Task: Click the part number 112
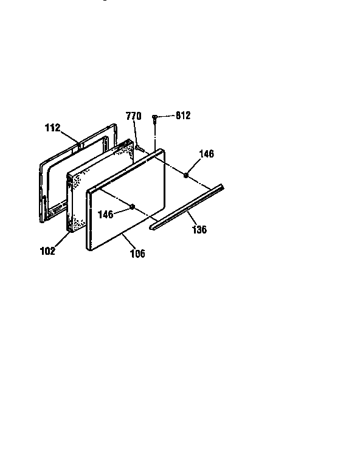coord(53,128)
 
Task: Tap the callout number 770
coord(133,116)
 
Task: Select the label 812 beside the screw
coord(183,116)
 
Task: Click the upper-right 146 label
coord(206,154)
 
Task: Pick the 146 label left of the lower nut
coord(105,215)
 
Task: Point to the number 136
coord(199,229)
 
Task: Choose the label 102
coord(47,251)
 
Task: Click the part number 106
coord(137,254)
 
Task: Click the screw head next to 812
coord(154,117)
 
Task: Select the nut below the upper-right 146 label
coord(186,175)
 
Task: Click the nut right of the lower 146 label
coord(133,206)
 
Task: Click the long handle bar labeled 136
coord(187,206)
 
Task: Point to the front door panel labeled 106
coord(126,199)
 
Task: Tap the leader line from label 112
coord(69,137)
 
